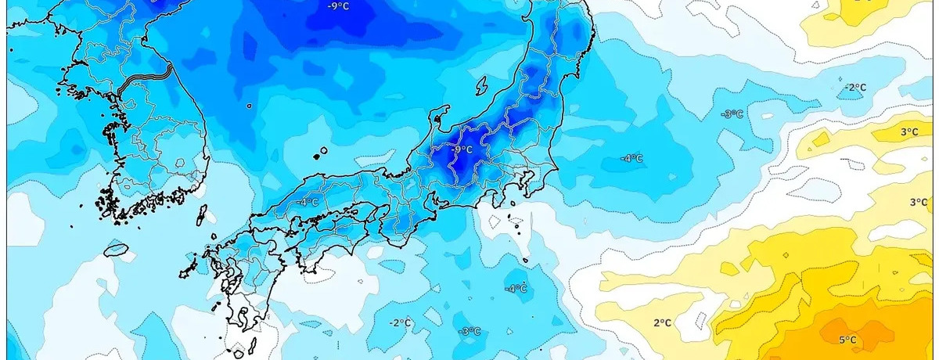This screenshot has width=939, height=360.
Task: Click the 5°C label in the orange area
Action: pyautogui.click(x=847, y=340)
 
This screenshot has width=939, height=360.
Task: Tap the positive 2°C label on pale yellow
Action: pyautogui.click(x=662, y=322)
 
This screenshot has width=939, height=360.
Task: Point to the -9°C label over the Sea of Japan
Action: pyautogui.click(x=338, y=6)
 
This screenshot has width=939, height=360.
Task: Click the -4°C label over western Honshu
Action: pyautogui.click(x=308, y=202)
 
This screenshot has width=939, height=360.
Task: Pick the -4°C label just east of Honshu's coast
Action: pyautogui.click(x=631, y=158)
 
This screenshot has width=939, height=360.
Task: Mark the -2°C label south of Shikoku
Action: pyautogui.click(x=401, y=322)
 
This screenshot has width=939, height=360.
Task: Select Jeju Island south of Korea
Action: pyautogui.click(x=116, y=250)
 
